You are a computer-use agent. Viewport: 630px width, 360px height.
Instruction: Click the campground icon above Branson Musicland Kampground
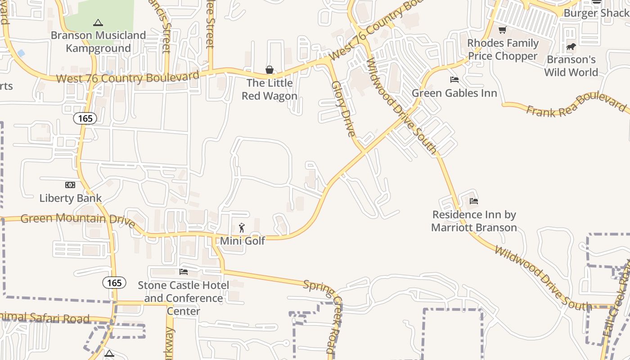pos(98,22)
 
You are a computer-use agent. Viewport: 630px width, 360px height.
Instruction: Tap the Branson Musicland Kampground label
pos(98,41)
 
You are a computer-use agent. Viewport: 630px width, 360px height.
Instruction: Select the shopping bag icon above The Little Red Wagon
pos(270,70)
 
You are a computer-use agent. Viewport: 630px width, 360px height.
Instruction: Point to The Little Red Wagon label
pos(270,89)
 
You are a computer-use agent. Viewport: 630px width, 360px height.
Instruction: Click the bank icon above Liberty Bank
pos(70,185)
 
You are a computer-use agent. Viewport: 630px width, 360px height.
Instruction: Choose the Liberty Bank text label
pos(71,198)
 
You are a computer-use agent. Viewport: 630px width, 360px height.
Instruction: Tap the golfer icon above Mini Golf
pos(242,228)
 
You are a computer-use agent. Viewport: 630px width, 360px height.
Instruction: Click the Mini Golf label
pos(243,241)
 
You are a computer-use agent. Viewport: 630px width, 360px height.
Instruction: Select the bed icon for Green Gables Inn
pos(454,80)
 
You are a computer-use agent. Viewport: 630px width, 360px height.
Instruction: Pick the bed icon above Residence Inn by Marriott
pos(474,201)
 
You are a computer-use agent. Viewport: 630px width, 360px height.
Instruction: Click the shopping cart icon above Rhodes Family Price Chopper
pos(503,30)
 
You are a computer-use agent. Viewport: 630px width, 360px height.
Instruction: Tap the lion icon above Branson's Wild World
pos(571,46)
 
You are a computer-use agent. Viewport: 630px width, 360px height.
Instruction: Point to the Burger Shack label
pos(596,13)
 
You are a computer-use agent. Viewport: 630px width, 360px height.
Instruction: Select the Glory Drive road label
pos(343,108)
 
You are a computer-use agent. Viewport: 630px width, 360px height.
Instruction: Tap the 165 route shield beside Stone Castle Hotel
pos(114,283)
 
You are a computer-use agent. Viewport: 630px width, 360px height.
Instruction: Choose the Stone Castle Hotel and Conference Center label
pos(184,298)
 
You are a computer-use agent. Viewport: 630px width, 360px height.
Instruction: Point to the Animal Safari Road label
pos(45,318)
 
